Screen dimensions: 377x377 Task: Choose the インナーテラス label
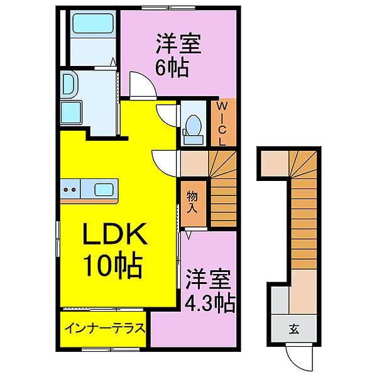pos(105,329)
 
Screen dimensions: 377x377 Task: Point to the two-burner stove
pos(71,188)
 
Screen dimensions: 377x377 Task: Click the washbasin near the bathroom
pos(69,82)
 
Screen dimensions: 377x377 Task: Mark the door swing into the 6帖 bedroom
pos(141,85)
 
